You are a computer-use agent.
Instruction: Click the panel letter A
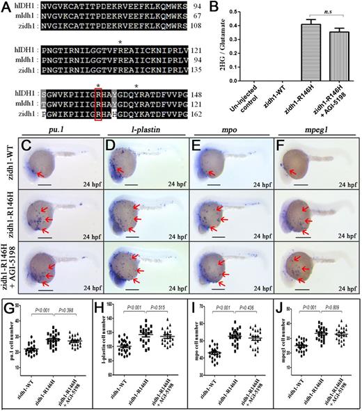click(x=7, y=7)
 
